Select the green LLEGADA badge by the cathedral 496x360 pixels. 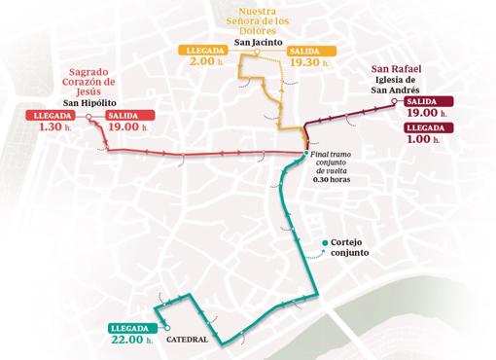click(x=130, y=327)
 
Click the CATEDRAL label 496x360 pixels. click(x=193, y=341)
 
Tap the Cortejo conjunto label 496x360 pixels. click(x=352, y=248)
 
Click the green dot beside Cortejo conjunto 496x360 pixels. click(x=324, y=243)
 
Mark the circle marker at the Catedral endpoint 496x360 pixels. click(x=167, y=328)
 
